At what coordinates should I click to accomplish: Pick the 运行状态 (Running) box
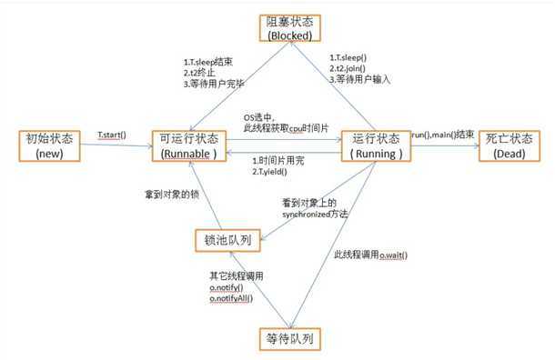click(x=375, y=145)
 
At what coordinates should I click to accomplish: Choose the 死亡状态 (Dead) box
click(x=511, y=145)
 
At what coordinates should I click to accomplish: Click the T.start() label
click(x=112, y=135)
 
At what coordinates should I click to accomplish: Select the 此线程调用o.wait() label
click(x=370, y=254)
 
